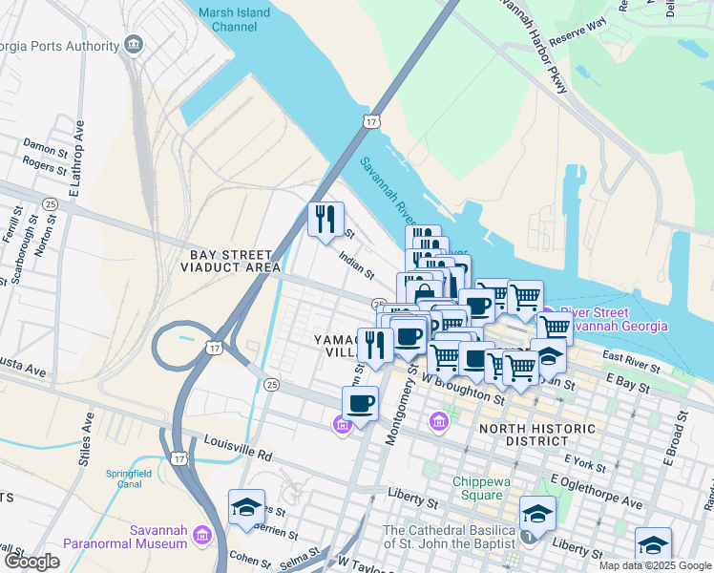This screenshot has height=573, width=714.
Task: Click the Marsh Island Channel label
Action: pos(234,20)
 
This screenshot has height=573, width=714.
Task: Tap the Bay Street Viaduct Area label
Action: pos(234,261)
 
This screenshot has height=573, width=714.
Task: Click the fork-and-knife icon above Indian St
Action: pos(325,220)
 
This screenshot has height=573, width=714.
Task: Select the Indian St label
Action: pos(357,263)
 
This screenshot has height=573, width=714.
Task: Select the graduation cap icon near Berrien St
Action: pos(246,507)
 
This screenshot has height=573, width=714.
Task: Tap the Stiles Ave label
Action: pos(89,436)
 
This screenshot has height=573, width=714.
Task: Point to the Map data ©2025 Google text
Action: pos(655,565)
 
